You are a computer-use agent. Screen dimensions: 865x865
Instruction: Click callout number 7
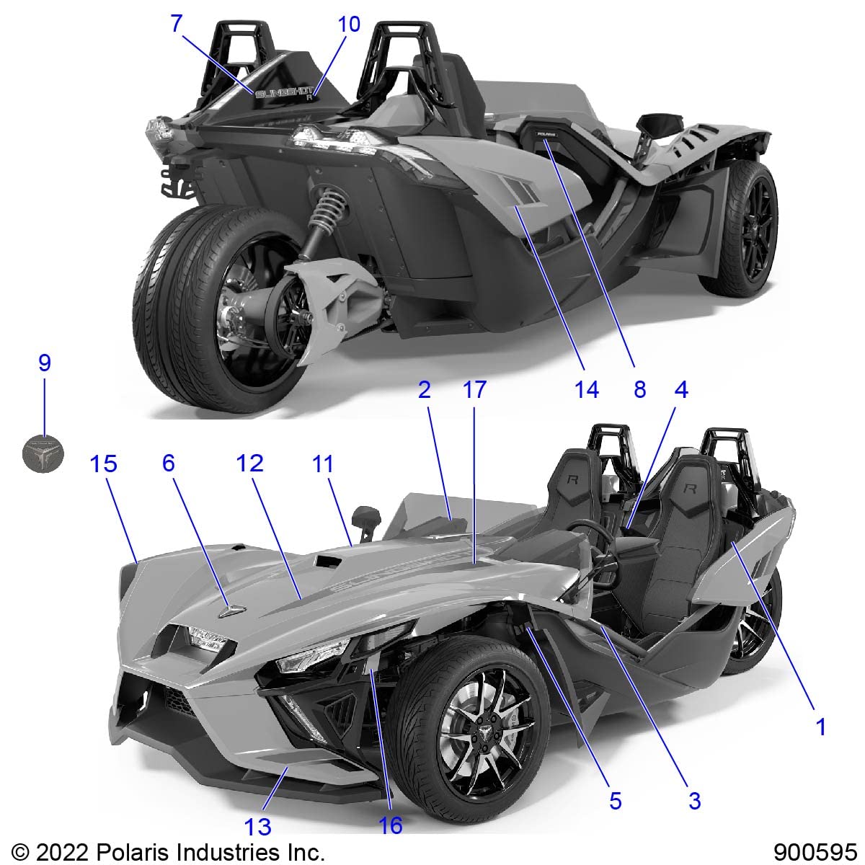[177, 24]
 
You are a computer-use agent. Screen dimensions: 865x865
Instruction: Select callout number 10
[349, 24]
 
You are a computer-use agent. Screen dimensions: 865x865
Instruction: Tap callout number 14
[587, 389]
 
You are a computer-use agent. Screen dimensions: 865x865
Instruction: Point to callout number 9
[45, 363]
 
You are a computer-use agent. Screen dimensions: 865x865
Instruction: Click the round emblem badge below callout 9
[43, 453]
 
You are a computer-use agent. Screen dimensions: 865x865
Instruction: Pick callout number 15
[104, 463]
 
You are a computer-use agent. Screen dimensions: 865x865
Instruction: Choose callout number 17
[474, 389]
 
